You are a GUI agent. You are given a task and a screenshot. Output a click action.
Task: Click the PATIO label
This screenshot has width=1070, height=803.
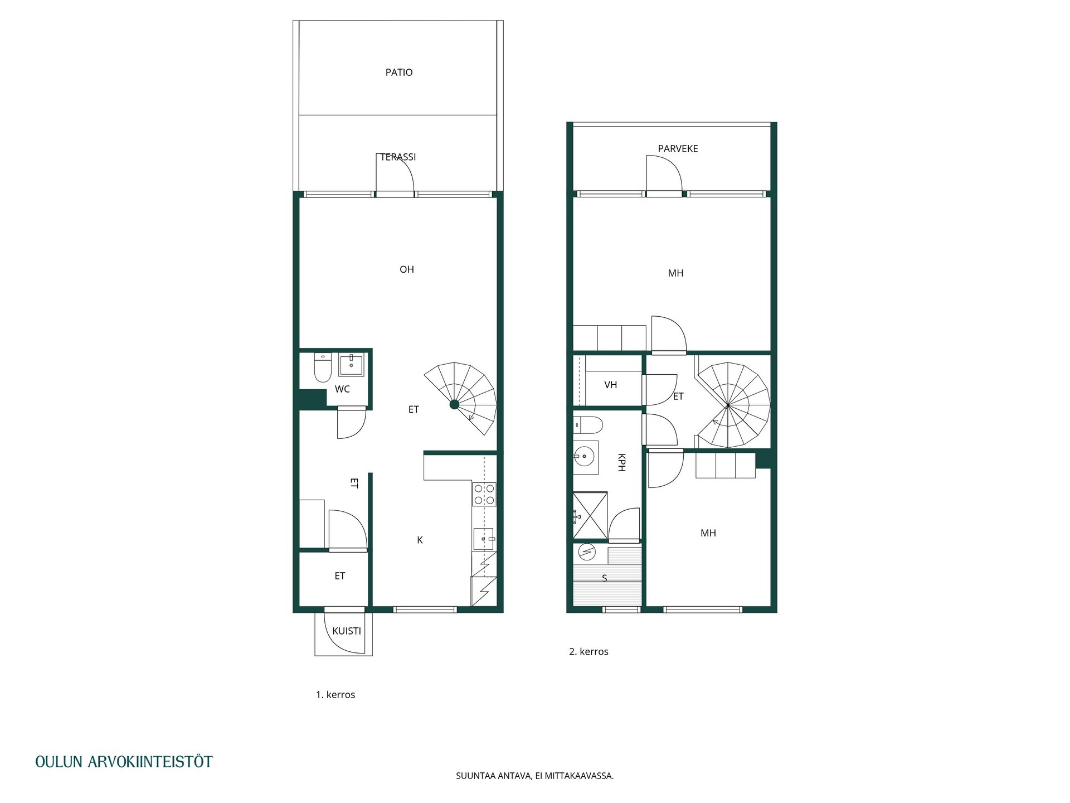click(399, 72)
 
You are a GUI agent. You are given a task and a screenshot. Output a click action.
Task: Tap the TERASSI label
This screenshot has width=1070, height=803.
click(398, 157)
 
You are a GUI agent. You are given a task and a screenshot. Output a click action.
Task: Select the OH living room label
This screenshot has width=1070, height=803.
click(407, 269)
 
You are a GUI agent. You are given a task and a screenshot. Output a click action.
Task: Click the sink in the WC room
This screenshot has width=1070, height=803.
click(351, 365)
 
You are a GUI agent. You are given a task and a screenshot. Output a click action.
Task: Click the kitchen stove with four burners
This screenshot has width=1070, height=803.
click(484, 495)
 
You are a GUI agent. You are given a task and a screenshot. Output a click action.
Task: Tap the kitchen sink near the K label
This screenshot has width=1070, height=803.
click(484, 539)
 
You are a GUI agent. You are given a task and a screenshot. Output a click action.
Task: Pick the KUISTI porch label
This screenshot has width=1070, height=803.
click(347, 631)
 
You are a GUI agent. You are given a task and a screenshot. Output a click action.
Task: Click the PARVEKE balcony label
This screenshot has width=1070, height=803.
click(678, 149)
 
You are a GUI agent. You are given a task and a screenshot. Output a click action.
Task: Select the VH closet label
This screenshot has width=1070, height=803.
click(611, 385)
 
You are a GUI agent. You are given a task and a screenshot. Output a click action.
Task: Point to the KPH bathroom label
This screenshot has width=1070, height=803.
click(621, 462)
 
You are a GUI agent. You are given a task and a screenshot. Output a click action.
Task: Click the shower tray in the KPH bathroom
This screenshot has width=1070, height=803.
click(590, 516)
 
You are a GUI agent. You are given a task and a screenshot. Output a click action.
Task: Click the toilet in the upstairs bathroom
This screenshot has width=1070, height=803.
click(588, 425)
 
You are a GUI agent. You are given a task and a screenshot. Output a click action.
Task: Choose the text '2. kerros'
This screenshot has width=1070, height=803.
click(588, 652)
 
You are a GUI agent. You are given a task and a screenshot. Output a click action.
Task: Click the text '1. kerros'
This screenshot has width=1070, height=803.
click(335, 695)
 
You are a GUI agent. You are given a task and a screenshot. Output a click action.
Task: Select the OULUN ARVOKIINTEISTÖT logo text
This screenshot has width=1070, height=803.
click(124, 762)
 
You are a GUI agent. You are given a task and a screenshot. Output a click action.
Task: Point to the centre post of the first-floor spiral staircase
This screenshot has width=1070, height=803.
click(454, 404)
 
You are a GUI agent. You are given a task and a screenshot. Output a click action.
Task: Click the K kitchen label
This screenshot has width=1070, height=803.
click(420, 540)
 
